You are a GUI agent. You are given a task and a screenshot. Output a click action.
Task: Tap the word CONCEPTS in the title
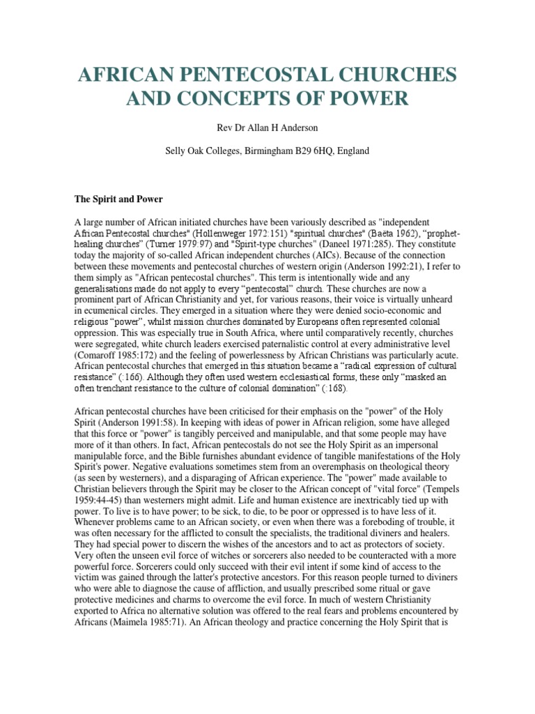(x=230, y=99)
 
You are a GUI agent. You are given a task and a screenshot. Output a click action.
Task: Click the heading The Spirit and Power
(x=118, y=199)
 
